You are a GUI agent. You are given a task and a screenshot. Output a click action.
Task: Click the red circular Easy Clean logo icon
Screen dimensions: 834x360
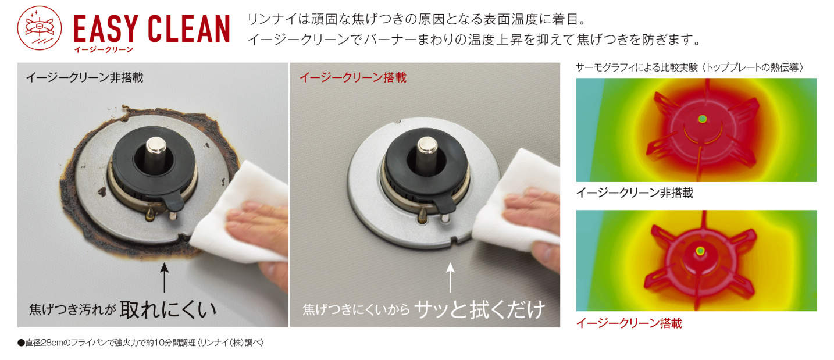point(40,28)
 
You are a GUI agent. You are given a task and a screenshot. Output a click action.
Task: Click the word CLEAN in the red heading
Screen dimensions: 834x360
point(189,28)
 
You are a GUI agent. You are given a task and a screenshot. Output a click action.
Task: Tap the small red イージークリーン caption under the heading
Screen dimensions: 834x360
point(104,49)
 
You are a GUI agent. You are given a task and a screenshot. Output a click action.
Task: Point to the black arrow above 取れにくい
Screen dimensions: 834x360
point(164,278)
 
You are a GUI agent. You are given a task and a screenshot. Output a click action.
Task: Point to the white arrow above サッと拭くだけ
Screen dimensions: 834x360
point(450,278)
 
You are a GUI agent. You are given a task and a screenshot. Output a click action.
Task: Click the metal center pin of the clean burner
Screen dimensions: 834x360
point(427,152)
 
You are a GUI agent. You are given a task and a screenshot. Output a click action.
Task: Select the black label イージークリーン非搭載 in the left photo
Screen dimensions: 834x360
point(84,77)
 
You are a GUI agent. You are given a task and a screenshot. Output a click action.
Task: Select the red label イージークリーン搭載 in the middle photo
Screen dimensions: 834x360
point(353,77)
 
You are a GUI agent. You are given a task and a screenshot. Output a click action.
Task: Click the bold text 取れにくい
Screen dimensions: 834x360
point(168,309)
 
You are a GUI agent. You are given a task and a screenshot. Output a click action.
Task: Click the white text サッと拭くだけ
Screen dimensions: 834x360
point(480,309)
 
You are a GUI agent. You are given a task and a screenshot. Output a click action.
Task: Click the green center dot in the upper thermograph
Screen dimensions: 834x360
point(702,119)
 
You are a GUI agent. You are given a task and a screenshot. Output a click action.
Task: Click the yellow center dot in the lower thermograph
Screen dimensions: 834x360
point(700,251)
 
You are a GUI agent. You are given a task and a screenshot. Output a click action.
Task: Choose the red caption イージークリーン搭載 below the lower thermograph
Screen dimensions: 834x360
point(629,323)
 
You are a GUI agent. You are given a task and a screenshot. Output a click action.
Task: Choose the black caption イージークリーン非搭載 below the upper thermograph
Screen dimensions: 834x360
point(635,193)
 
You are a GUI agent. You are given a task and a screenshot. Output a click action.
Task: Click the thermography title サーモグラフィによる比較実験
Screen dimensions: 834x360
point(637,67)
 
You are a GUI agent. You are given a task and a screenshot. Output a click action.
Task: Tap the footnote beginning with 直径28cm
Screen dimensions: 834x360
point(141,343)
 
